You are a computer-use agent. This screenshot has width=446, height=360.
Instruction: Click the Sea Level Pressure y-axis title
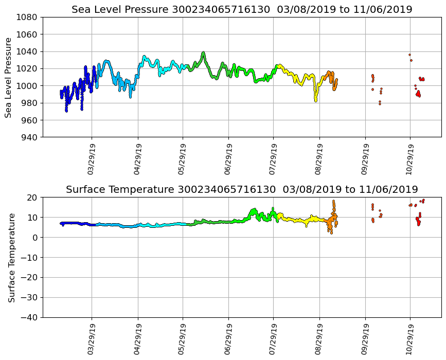coord(8,77)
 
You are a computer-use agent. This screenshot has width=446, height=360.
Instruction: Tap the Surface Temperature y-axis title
coord(11,257)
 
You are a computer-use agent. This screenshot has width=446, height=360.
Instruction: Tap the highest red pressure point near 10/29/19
coord(409,55)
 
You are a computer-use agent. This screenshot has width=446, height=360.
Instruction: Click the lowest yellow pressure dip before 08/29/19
coord(316,100)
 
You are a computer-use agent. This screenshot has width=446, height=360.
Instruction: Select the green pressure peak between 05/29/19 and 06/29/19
coord(204,52)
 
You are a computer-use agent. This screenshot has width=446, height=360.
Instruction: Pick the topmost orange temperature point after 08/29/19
coord(333,201)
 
